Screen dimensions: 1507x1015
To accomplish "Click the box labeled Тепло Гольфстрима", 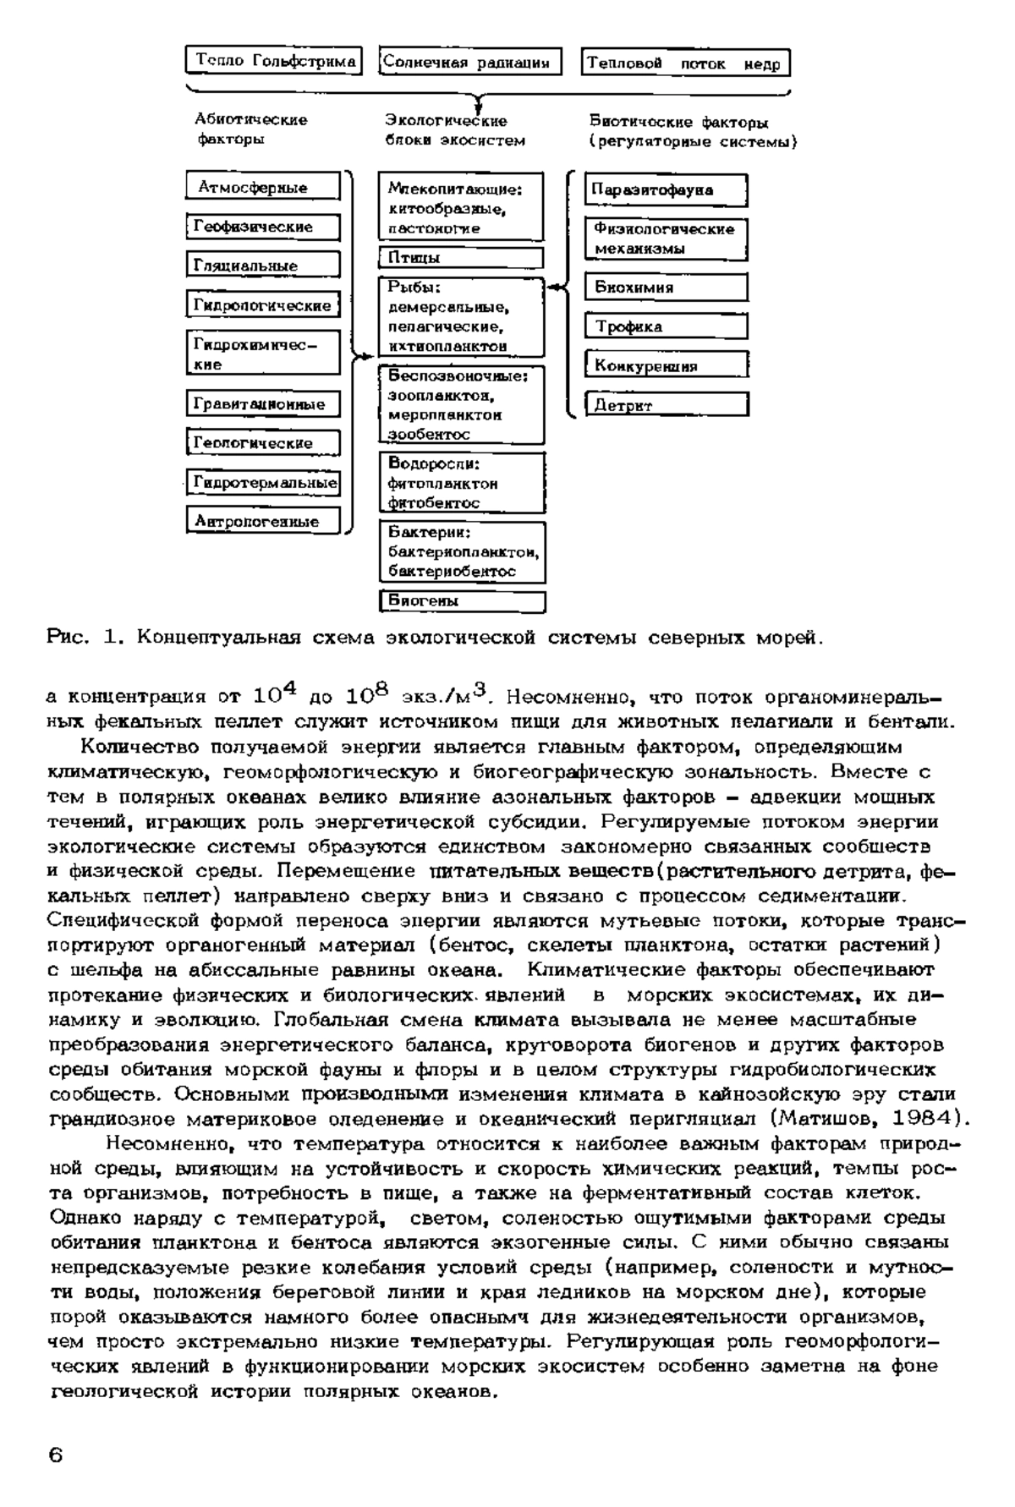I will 274,62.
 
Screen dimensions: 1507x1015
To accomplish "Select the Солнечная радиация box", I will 470,62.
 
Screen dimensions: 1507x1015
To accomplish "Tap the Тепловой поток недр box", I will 685,63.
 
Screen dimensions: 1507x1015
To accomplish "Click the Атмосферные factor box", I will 262,187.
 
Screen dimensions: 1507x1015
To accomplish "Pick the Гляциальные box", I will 262,266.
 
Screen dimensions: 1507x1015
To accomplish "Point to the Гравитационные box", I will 262,404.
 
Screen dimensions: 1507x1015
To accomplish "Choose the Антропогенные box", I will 262,522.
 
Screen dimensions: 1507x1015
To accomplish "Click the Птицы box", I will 462,258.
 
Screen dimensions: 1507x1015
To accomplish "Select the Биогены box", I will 462,601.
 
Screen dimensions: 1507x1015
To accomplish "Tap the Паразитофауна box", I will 667,190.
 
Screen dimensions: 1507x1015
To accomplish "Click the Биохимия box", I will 667,288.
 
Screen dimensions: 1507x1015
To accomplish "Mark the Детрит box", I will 667,406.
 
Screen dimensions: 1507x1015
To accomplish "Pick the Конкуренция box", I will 667,366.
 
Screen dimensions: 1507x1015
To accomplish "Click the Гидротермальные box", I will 262,483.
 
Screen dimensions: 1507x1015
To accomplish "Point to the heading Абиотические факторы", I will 251,129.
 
